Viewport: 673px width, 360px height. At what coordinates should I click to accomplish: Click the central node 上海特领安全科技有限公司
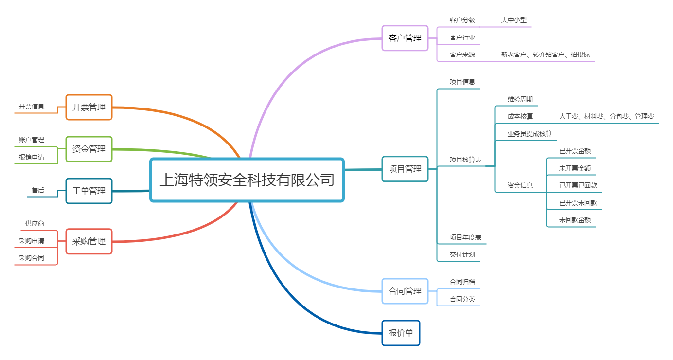(x=247, y=180)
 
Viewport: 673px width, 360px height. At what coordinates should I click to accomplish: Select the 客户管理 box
(x=405, y=38)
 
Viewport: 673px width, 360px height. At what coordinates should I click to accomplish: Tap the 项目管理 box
(x=405, y=169)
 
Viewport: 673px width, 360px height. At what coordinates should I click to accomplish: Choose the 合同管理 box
(x=405, y=291)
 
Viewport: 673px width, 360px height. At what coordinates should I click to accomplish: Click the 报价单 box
(x=401, y=333)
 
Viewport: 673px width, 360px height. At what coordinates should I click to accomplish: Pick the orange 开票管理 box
(x=89, y=107)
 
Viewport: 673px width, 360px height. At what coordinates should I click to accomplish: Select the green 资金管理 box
(x=89, y=149)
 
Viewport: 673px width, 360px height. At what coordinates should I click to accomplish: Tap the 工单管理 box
(x=89, y=191)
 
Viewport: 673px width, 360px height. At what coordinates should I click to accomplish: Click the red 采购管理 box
(x=89, y=241)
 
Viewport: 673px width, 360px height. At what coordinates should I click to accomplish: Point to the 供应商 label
(x=35, y=223)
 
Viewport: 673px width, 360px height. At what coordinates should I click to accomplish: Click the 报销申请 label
(x=32, y=157)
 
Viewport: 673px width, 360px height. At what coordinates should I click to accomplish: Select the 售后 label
(x=38, y=190)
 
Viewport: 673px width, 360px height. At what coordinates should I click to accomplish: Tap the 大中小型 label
(x=514, y=20)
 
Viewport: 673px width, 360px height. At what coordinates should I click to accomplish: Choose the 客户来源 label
(x=462, y=54)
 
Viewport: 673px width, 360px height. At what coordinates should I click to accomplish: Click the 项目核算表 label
(x=465, y=160)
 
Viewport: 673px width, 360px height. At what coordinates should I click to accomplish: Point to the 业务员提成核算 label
(x=530, y=134)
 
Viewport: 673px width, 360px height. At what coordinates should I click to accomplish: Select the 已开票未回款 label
(x=578, y=203)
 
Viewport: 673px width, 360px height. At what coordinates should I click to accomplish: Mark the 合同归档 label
(x=462, y=282)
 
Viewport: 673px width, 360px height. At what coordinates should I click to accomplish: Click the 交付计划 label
(x=462, y=254)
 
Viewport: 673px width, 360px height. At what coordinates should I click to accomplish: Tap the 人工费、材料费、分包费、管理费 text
(x=606, y=116)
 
